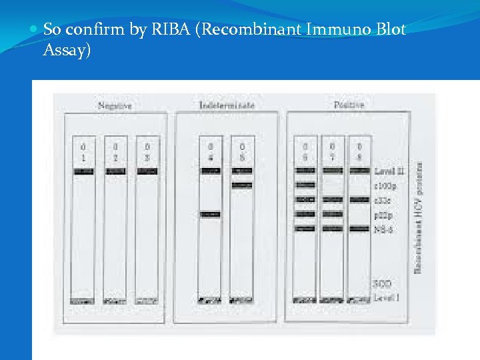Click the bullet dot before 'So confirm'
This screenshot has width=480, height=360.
click(x=35, y=30)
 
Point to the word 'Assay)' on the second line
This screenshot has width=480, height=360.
click(x=66, y=50)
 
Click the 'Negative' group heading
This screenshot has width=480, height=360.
click(x=115, y=105)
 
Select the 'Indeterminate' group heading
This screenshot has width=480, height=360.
click(x=227, y=105)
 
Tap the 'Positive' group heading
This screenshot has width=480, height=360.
click(x=349, y=105)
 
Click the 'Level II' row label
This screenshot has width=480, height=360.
click(x=390, y=171)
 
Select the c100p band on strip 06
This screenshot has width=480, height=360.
click(x=305, y=185)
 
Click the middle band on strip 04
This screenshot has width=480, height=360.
click(x=209, y=214)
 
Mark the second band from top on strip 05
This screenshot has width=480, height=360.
click(x=241, y=185)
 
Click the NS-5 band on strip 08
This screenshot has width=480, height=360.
click(x=359, y=228)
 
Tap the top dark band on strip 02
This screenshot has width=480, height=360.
click(x=115, y=171)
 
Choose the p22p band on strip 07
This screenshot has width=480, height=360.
click(x=332, y=214)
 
